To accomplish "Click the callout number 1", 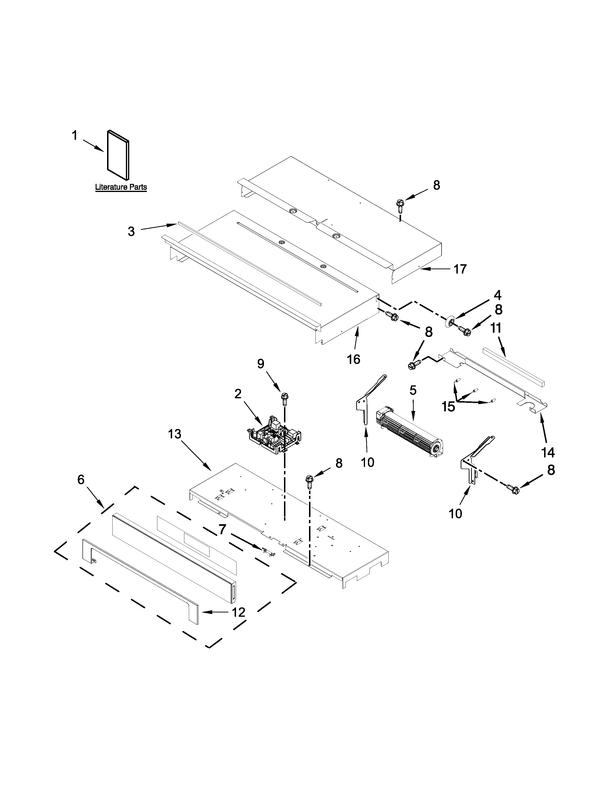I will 75,136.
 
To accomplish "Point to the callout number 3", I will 131,231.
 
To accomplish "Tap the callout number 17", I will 460,269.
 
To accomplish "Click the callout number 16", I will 354,359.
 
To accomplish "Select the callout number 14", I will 548,452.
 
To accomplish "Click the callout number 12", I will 238,612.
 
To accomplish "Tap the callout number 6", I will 81,479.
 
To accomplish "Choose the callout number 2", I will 238,394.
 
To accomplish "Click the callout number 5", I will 413,390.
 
